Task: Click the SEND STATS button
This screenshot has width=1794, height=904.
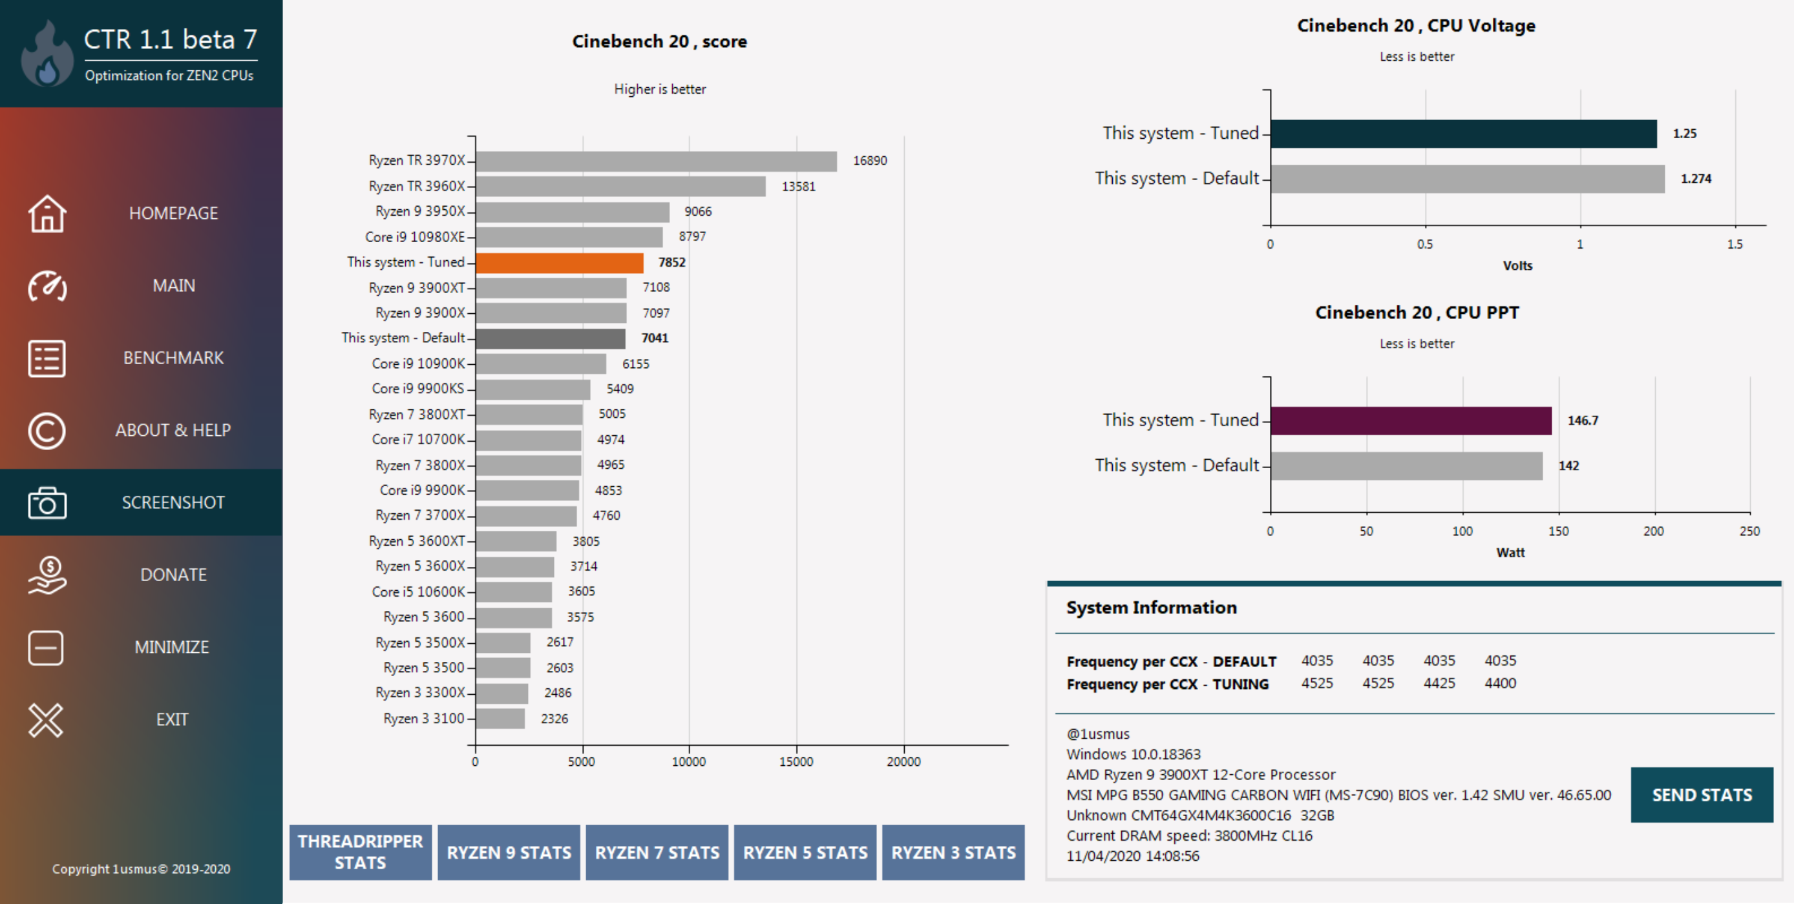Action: click(x=1702, y=795)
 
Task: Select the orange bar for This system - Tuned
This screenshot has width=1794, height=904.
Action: click(x=559, y=262)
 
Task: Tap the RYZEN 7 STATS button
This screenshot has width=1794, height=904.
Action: click(x=657, y=852)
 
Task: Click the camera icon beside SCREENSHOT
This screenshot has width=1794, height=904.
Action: click(x=47, y=502)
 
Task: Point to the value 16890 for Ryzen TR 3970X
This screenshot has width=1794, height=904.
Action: click(x=870, y=161)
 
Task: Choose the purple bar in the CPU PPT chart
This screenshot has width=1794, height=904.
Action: click(x=1410, y=420)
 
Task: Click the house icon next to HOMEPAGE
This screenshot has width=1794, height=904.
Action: click(x=47, y=213)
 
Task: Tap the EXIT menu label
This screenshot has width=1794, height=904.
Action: click(x=172, y=719)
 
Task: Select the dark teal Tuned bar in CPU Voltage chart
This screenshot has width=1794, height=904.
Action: click(x=1462, y=134)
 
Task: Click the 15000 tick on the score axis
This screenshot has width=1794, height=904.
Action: click(x=796, y=761)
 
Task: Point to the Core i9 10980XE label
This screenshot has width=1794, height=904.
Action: click(x=414, y=236)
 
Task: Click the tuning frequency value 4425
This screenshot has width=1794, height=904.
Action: click(x=1439, y=683)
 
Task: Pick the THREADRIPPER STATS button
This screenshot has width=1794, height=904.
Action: click(x=360, y=852)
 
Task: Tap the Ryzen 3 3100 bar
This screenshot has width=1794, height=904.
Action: click(x=500, y=718)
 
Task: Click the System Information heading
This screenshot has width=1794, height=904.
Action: click(x=1151, y=608)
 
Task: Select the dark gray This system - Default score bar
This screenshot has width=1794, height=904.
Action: click(x=550, y=338)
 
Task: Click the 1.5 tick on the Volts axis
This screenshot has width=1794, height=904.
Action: click(x=1734, y=244)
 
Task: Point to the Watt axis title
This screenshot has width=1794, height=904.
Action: click(x=1510, y=553)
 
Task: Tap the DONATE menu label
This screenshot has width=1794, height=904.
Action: click(x=173, y=575)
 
